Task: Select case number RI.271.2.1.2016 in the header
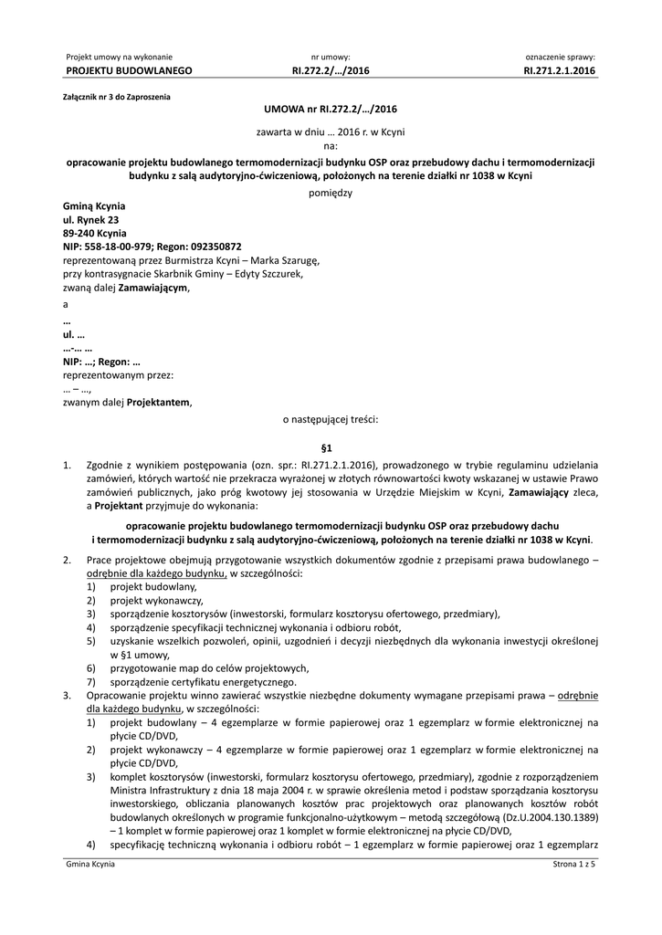[x=559, y=70]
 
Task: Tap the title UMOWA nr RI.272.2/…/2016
[x=331, y=108]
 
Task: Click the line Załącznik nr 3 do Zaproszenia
[x=116, y=96]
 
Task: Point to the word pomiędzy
[x=331, y=193]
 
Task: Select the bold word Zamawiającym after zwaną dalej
[x=153, y=288]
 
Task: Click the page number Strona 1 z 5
[x=573, y=864]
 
